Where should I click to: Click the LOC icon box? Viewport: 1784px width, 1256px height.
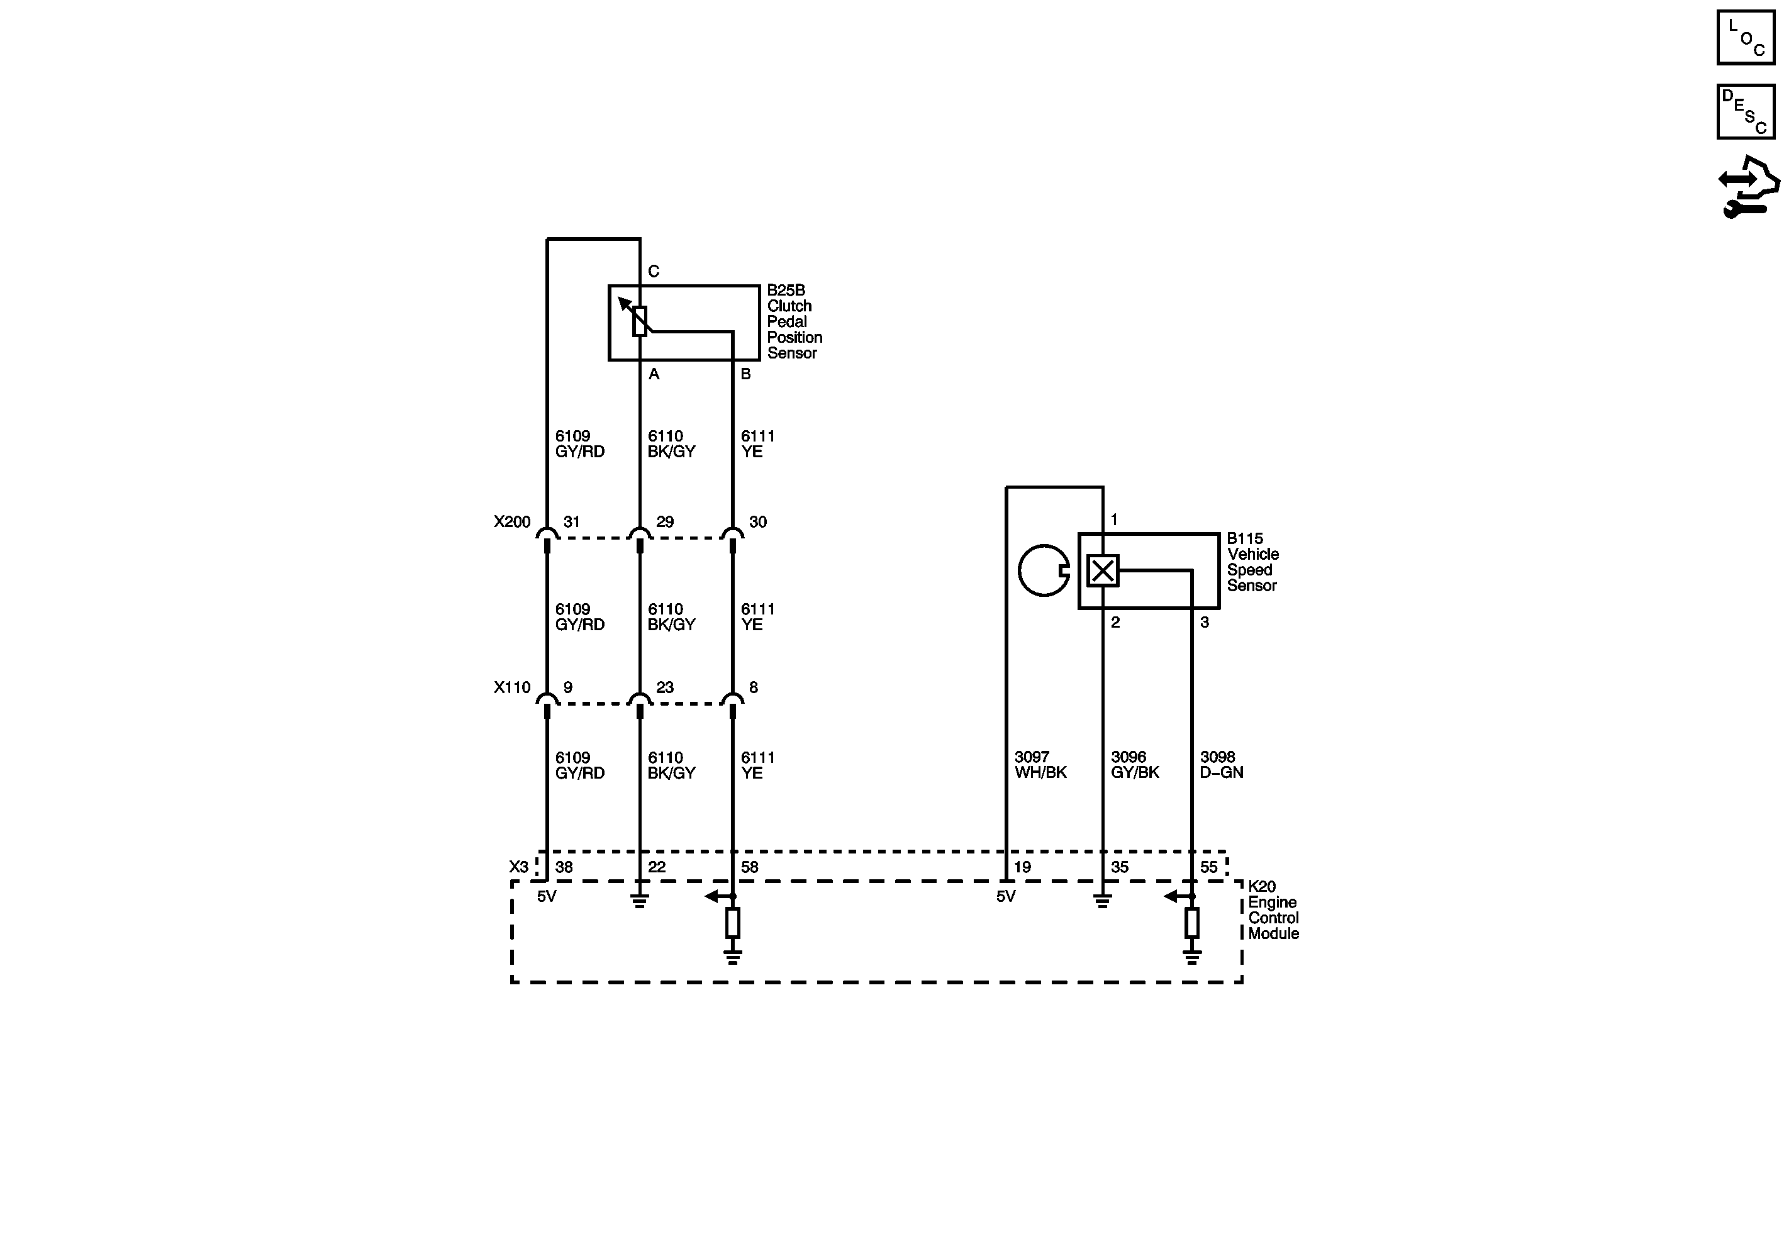(x=1745, y=37)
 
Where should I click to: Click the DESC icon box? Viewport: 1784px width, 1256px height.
(x=1745, y=112)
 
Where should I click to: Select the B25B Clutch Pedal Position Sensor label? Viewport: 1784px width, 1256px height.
(x=793, y=321)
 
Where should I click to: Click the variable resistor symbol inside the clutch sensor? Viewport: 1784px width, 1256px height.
(x=640, y=320)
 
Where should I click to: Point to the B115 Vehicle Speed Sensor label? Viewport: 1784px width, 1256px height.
(x=1252, y=562)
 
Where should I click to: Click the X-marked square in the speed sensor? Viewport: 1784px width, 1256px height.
(x=1102, y=571)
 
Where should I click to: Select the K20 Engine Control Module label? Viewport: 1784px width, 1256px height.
(x=1273, y=909)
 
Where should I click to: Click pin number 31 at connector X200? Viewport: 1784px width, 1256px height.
(x=571, y=522)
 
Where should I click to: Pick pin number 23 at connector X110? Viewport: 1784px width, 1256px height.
(x=664, y=687)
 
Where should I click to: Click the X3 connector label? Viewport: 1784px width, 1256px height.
(x=518, y=867)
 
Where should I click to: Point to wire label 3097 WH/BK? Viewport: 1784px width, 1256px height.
(x=1040, y=764)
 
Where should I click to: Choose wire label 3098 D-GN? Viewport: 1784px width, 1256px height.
(x=1220, y=764)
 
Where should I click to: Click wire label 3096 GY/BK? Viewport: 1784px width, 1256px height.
(x=1134, y=764)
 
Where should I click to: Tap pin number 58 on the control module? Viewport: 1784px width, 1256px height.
(x=749, y=867)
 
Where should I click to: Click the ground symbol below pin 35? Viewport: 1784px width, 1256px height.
(x=1102, y=901)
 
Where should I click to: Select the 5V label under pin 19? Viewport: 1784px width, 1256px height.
(x=1005, y=896)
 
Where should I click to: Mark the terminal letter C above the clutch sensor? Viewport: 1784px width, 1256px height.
(x=654, y=271)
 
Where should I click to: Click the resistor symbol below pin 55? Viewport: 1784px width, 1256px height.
(x=1192, y=923)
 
